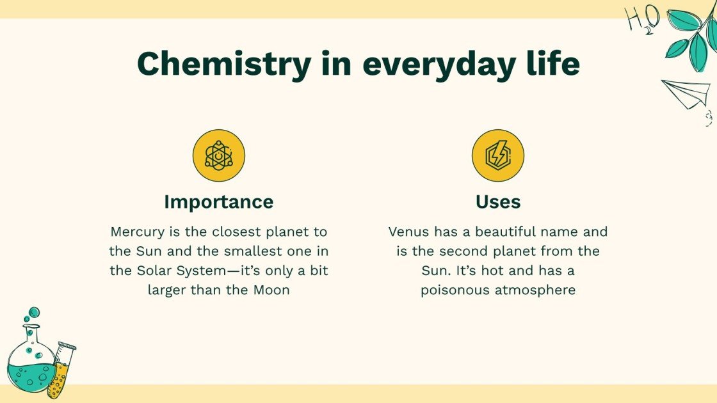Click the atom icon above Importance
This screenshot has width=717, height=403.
tap(219, 155)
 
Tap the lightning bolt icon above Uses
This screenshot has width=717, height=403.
tap(498, 155)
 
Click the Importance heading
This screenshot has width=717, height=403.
tap(219, 202)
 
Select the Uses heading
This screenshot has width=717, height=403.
tap(498, 202)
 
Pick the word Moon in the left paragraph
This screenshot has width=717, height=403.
tap(271, 290)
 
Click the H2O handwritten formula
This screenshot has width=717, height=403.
tap(642, 19)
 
